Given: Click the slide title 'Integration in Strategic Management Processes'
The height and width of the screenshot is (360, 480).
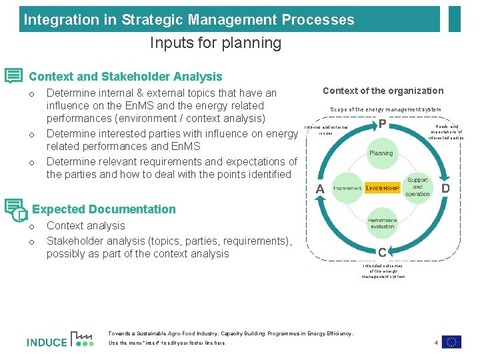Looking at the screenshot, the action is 189,19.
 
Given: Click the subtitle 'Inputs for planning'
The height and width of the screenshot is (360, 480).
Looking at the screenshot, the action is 215,43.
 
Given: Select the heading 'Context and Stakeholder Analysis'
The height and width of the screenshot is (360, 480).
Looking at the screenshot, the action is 125,77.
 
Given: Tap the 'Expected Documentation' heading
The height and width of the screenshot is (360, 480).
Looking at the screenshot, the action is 103,209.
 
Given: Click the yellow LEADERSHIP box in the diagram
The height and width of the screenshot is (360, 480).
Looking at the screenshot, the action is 383,189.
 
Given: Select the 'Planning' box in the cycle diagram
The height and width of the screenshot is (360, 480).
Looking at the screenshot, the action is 381,153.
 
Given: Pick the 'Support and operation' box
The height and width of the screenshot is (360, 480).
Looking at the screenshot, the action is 418,187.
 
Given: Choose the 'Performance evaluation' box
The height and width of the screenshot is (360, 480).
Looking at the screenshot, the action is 382,223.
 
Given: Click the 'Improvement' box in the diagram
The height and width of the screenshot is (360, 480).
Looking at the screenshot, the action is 347,189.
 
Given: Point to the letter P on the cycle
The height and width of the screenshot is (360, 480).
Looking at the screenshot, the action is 383,125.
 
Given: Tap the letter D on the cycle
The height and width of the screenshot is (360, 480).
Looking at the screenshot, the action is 445,189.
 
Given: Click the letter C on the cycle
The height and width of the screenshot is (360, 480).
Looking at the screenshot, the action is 382,253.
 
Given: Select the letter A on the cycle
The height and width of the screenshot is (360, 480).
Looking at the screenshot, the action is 320,189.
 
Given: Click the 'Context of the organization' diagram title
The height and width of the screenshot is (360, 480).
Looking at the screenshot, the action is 383,91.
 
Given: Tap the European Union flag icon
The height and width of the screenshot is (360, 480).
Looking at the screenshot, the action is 451,341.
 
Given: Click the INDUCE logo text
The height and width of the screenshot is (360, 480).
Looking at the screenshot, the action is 47,343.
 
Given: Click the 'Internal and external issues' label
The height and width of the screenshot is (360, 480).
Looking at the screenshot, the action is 325,130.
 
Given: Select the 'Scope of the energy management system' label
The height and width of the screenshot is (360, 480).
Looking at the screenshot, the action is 385,109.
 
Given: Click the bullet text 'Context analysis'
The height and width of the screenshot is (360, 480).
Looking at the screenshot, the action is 86,226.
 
